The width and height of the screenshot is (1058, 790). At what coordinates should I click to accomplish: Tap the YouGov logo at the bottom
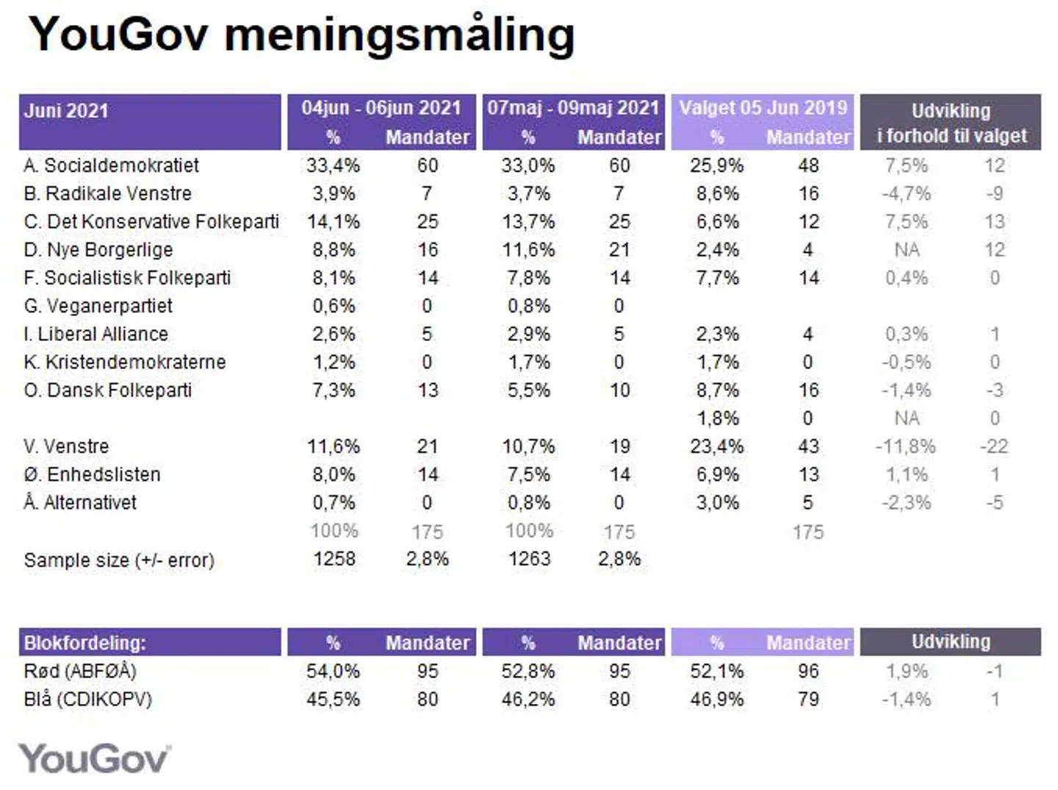[94, 758]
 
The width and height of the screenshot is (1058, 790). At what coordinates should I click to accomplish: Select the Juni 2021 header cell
[66, 111]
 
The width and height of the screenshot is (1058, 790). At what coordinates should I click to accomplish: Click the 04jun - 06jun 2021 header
[381, 108]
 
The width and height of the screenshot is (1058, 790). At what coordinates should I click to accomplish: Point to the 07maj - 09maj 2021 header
[573, 108]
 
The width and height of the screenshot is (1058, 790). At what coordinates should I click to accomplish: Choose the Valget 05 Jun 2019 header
[763, 108]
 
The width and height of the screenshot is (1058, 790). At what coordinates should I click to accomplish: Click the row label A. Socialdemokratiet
[111, 165]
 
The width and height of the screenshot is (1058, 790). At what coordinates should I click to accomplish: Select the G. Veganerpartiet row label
[98, 306]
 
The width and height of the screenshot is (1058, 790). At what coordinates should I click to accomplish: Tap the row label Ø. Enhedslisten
[92, 475]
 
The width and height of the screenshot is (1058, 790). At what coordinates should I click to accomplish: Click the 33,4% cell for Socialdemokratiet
[333, 165]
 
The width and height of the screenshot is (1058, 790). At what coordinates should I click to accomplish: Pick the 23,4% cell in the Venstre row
[716, 447]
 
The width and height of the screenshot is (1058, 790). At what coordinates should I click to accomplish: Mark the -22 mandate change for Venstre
[994, 447]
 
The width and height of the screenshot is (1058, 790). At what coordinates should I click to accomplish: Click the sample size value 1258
[334, 559]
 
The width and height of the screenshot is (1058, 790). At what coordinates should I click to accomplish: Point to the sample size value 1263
[529, 559]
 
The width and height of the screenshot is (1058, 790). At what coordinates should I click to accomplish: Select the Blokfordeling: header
[84, 643]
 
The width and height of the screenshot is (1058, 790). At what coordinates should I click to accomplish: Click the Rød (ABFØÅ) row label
[80, 671]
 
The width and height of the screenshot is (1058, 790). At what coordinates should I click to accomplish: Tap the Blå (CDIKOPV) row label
[87, 699]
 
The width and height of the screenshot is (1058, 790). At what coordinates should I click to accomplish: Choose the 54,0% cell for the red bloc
[333, 672]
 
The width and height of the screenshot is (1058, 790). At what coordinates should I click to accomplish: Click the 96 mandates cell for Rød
[808, 672]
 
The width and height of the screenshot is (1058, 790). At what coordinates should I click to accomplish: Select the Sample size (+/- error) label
[119, 560]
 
